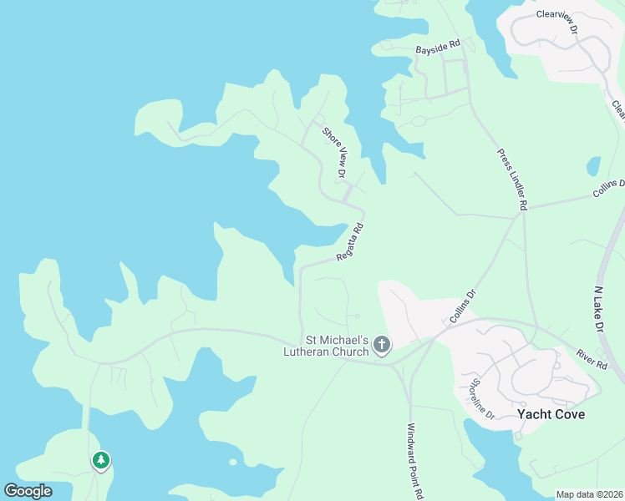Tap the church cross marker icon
click(x=382, y=344)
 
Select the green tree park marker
click(x=101, y=460)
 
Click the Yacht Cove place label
click(x=551, y=414)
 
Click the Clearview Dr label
click(x=557, y=19)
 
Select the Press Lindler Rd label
click(x=512, y=180)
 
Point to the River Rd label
click(x=591, y=358)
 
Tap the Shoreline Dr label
click(x=482, y=399)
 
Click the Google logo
click(x=28, y=491)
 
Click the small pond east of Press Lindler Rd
click(x=593, y=166)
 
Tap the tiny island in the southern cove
click(x=232, y=462)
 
